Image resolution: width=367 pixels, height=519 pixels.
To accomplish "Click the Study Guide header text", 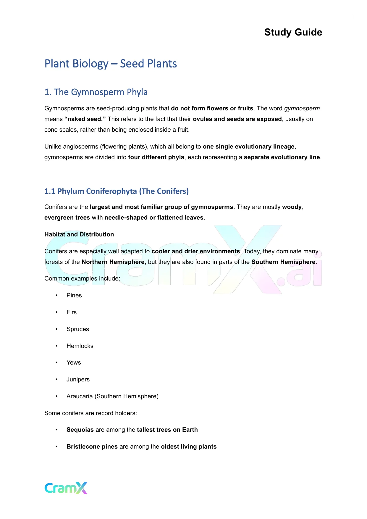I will (293, 32).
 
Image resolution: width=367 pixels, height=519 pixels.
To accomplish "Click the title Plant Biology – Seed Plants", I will (111, 64).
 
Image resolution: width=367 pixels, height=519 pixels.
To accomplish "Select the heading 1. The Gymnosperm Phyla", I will (96, 92).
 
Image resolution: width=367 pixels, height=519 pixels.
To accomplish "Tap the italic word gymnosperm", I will (302, 108).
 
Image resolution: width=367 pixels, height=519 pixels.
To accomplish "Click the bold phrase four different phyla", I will (156, 157).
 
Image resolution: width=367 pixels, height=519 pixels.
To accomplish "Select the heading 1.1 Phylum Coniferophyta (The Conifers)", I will (117, 191).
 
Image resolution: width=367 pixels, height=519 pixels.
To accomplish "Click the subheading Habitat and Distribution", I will (79, 234).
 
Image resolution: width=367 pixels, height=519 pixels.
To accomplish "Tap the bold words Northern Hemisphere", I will (113, 262).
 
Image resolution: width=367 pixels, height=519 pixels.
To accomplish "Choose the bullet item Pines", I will (74, 295).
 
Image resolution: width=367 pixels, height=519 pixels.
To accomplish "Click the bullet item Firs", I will (72, 312).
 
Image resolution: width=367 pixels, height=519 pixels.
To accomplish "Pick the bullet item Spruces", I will (77, 329).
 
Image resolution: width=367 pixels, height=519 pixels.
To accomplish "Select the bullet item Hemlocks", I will (80, 346).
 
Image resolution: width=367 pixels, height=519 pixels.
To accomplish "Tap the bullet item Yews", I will (74, 362).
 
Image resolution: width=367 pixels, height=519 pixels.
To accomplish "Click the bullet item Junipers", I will (78, 379).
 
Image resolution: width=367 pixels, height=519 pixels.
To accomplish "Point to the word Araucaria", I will (80, 396).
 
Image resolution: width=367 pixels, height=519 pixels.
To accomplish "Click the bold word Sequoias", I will (80, 430).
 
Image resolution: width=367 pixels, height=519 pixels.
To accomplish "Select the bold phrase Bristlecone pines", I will (92, 447).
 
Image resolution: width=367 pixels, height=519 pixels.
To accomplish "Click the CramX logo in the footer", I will (66, 488).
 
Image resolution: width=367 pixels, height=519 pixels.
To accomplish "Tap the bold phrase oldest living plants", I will (189, 447).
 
